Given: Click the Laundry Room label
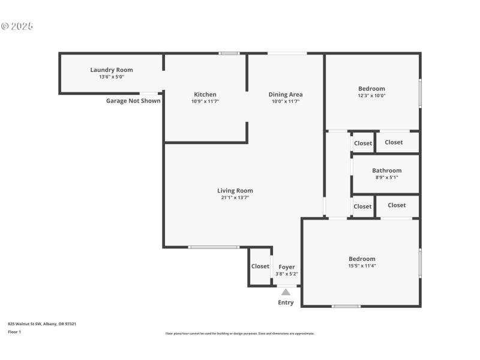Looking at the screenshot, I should [112, 70].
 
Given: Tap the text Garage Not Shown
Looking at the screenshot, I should [133, 101].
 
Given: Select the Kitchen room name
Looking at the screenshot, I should [205, 94].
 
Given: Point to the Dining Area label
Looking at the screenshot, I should [286, 94].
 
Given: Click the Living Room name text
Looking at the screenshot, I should [235, 191].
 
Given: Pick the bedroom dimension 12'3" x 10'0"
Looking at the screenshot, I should [372, 96].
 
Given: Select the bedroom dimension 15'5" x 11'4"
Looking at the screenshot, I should [362, 266].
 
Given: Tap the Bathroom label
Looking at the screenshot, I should [386, 170].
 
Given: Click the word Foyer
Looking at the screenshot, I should [287, 267].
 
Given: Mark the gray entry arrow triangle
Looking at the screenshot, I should [286, 292].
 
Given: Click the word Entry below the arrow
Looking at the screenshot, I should [286, 302].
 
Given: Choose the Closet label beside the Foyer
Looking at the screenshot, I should [260, 266].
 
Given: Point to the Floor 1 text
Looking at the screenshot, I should [14, 332].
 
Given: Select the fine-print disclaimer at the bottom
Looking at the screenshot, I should [240, 334].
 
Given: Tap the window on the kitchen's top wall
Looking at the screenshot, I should [229, 53].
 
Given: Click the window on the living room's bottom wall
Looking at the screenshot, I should [214, 247].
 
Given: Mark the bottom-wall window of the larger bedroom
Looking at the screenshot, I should [346, 306].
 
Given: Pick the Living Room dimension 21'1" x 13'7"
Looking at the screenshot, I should [235, 197].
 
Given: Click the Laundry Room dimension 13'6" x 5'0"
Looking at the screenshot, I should [112, 77].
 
